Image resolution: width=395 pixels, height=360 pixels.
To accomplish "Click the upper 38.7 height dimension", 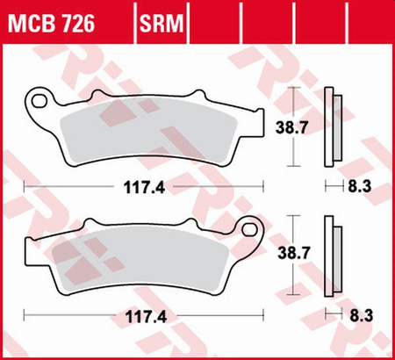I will [x=302, y=128].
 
